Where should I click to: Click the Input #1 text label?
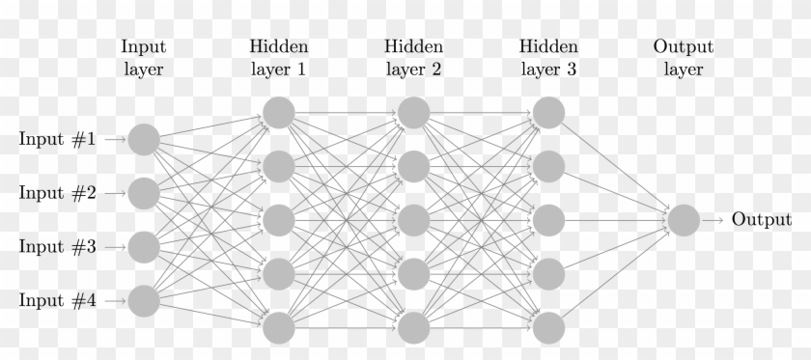pos(57,139)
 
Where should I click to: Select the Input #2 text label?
pos(57,193)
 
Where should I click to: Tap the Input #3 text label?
pos(57,247)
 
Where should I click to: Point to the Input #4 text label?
pos(57,301)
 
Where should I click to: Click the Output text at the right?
pos(761,220)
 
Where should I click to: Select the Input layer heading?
pos(143,58)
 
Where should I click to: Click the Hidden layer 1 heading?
pos(278,58)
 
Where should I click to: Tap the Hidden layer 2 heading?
pos(413,58)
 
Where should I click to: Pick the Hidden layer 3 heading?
pos(548,58)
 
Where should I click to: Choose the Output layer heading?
pos(683,58)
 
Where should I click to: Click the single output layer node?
pos(683,221)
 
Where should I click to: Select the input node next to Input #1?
pos(143,140)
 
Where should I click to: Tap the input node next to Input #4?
pos(143,302)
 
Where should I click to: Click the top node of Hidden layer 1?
pos(278,113)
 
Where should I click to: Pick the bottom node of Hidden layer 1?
pos(278,328)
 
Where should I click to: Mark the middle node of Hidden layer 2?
pos(413,221)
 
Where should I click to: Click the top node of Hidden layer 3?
pos(548,113)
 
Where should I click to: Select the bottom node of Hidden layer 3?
pos(548,328)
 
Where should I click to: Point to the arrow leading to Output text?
pos(713,221)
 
